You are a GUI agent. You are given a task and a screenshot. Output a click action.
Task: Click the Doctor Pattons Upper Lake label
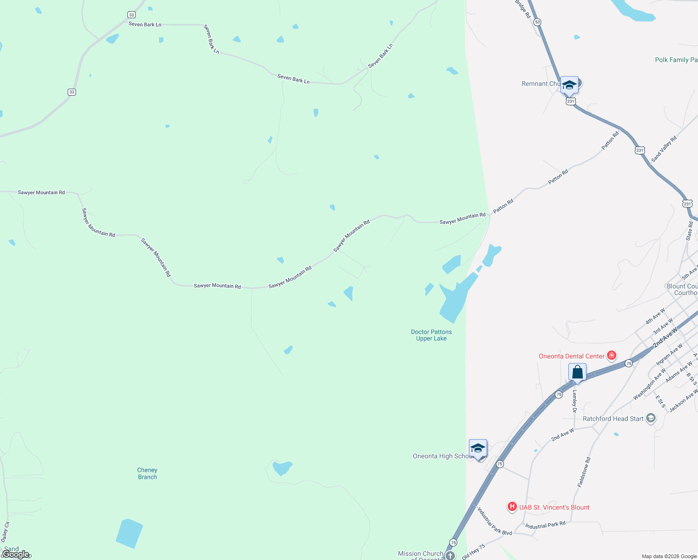pos(431,335)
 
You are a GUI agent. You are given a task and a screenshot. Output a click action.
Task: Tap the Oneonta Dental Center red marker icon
pos(611,356)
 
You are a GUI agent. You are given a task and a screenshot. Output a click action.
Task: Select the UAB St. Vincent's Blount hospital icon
pos(512,507)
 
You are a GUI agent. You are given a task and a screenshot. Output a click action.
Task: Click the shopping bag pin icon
pos(577,372)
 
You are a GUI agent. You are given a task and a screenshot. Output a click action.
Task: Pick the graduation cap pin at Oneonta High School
pos(478,448)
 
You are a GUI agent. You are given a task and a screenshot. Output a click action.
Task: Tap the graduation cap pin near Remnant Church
pos(569,85)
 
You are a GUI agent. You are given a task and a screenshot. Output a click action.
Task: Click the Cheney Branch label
pos(147,473)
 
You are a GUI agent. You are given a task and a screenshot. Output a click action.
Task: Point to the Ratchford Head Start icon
pos(651,419)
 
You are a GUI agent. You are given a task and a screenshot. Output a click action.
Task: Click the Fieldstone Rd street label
pos(584,472)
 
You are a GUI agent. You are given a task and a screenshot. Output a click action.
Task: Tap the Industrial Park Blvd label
pos(494,521)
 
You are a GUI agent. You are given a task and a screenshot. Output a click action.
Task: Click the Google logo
pos(15,554)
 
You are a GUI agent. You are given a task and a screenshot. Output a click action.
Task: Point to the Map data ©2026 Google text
pos(669,556)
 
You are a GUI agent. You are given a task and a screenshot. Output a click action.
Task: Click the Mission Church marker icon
pos(450,555)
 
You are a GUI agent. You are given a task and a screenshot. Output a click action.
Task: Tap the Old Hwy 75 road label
pos(474,552)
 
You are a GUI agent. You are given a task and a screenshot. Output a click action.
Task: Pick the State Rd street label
pos(689,231)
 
